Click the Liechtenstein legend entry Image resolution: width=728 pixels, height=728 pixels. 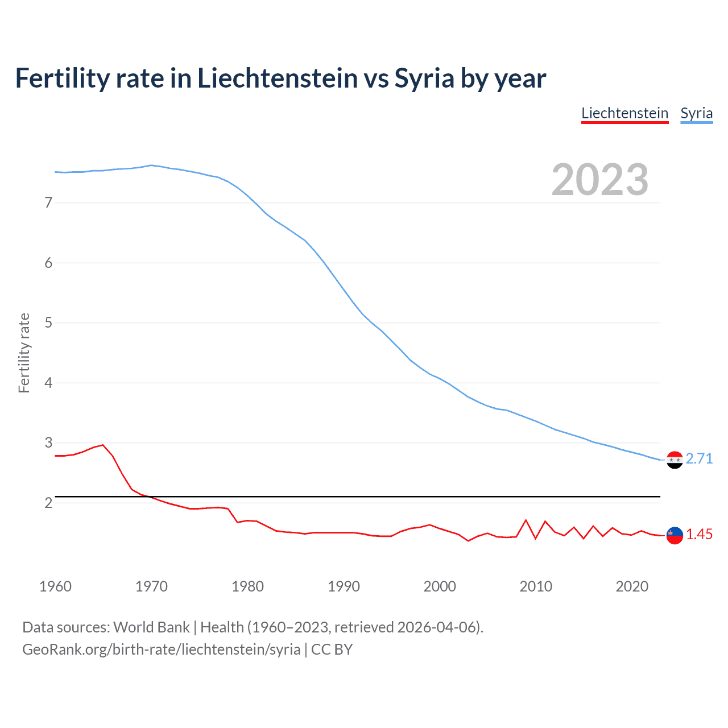[x=624, y=113]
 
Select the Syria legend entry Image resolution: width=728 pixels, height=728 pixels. [x=696, y=113]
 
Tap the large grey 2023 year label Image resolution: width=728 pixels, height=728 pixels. [x=600, y=180]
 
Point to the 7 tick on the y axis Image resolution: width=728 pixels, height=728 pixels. [x=48, y=202]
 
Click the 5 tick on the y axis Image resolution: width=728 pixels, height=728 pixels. [x=48, y=322]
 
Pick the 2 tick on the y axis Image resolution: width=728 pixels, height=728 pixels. [x=48, y=503]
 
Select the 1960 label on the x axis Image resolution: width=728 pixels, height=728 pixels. [x=55, y=586]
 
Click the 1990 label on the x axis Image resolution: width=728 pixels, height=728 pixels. [x=344, y=586]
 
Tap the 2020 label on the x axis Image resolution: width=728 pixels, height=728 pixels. [x=632, y=586]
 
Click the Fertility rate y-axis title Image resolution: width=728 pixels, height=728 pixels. [x=24, y=353]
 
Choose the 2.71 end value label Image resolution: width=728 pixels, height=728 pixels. [x=699, y=458]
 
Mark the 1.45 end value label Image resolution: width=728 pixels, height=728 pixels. [x=699, y=534]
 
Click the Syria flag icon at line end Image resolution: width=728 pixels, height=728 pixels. [x=675, y=460]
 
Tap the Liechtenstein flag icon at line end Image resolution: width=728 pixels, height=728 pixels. [x=675, y=535]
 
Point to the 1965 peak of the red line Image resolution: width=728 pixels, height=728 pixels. [x=103, y=445]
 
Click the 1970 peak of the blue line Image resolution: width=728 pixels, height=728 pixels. [x=151, y=166]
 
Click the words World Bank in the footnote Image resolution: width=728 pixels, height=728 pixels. [x=151, y=627]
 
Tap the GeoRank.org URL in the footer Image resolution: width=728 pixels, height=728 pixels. [x=161, y=649]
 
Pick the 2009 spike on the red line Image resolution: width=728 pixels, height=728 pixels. [x=526, y=520]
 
